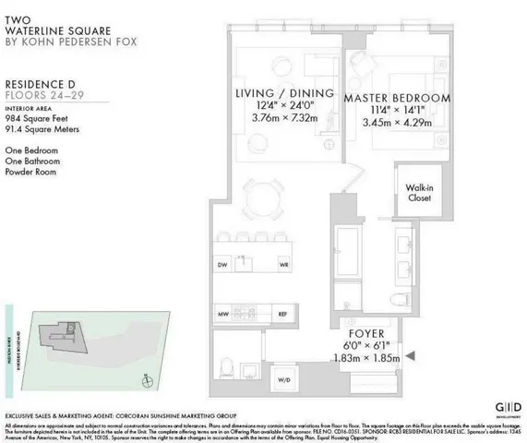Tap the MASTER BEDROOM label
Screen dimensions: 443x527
[398, 97]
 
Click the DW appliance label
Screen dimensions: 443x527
[222, 265]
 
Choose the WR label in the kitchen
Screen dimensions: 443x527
[284, 265]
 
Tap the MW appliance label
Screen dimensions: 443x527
[222, 315]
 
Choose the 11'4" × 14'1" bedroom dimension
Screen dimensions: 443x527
[397, 112]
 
